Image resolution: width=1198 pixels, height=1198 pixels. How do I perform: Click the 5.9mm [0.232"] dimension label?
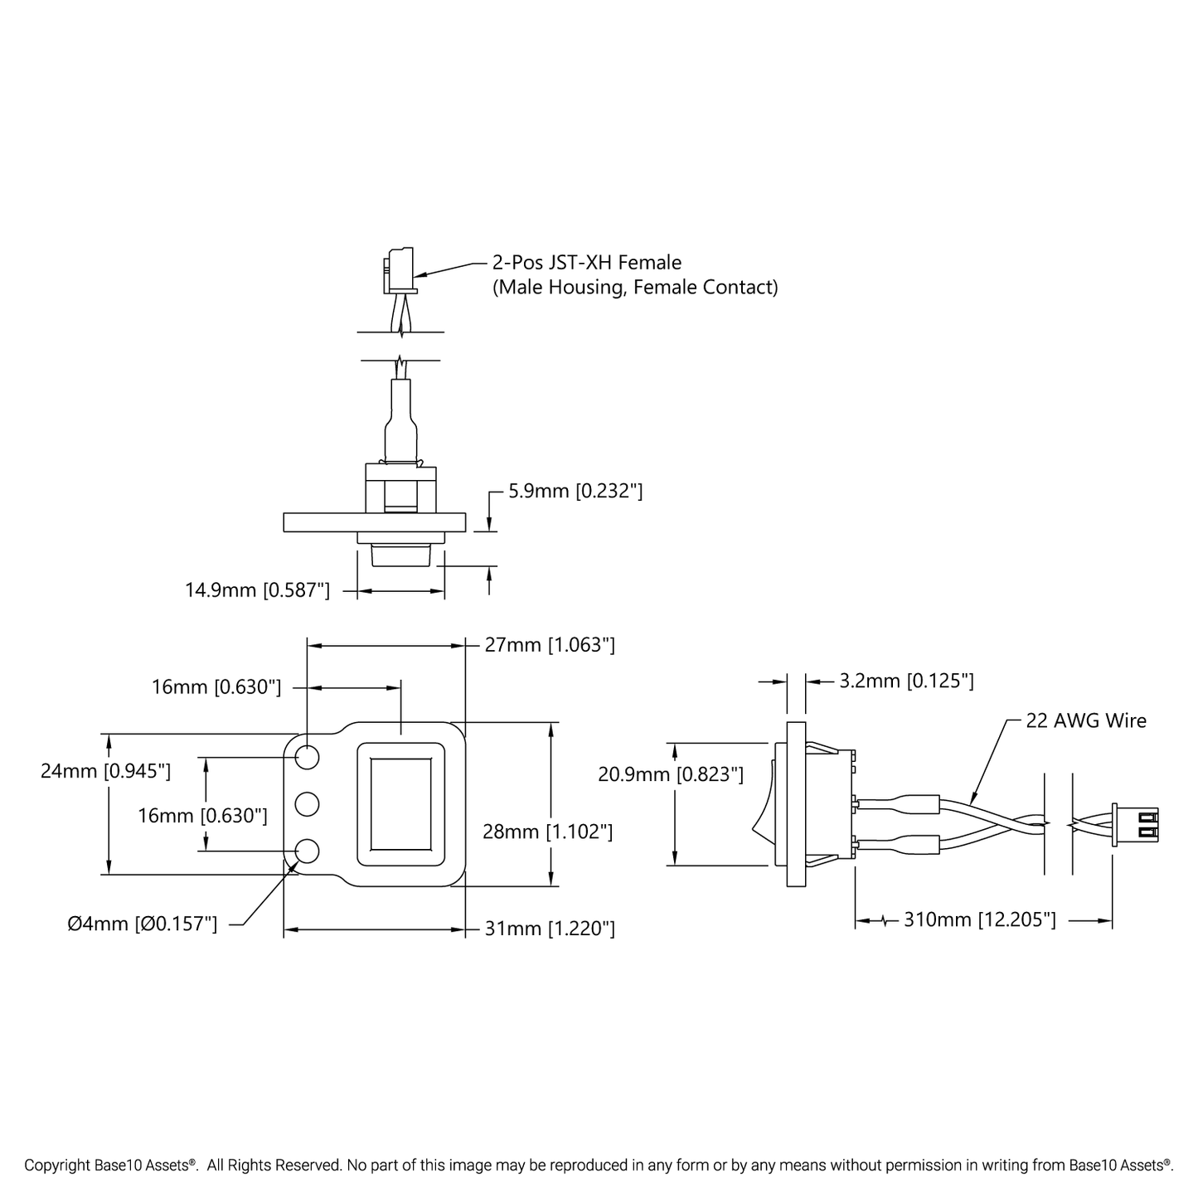coord(575,491)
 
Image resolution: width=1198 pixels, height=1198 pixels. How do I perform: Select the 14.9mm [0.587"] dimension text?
coord(257,590)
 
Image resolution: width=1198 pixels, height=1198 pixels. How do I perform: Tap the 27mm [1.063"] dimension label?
coord(550,645)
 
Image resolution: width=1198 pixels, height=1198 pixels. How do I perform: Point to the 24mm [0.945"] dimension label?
coord(105,771)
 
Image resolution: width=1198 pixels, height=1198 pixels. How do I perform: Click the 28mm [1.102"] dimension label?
coord(547,832)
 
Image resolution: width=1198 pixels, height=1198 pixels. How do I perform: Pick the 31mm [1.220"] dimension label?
coord(550,929)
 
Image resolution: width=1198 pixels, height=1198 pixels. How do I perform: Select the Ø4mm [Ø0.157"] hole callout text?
coord(143,924)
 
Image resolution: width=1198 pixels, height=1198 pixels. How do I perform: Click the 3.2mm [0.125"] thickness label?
coord(906,681)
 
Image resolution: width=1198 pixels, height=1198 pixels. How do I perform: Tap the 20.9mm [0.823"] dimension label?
coord(670,774)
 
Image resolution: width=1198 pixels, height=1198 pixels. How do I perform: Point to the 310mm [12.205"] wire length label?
coord(979,920)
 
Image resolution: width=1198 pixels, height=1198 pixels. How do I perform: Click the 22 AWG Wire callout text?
coord(1086,721)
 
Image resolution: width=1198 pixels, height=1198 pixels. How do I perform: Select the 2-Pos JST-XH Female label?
coord(587,263)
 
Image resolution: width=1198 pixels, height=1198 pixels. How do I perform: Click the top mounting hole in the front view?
coord(307,757)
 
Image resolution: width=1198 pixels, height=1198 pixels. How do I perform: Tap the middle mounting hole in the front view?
coord(307,803)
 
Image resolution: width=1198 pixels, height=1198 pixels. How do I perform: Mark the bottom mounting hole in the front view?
coord(307,851)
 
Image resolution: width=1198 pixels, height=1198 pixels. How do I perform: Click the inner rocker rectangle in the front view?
coord(401,803)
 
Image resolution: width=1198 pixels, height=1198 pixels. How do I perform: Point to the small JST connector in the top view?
coord(399,270)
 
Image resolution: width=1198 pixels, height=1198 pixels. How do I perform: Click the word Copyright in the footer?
coord(56,1166)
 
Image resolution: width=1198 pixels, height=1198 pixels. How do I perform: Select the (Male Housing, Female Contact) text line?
coord(635,288)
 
